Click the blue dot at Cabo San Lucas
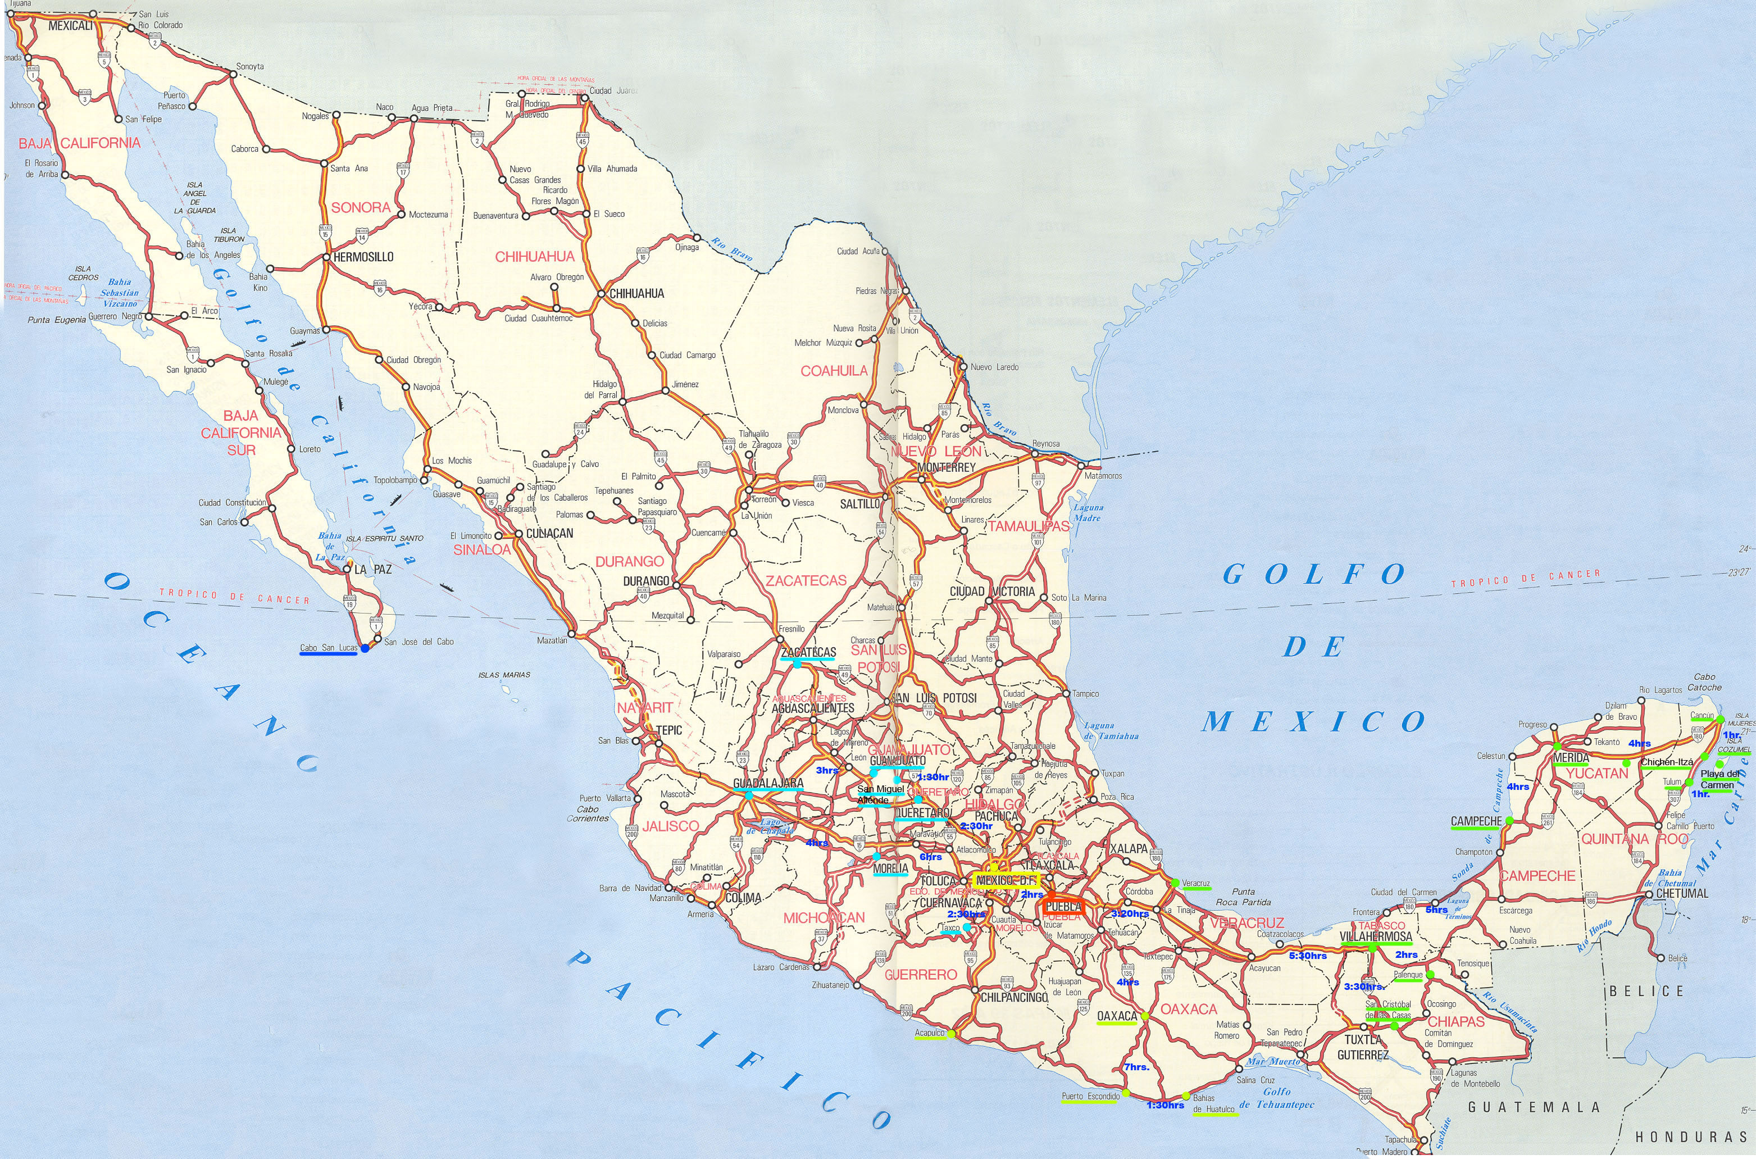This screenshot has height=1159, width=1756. point(365,648)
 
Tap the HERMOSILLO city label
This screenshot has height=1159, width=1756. point(363,257)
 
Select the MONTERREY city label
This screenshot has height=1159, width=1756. point(946,468)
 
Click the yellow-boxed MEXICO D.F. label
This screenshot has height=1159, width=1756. point(1007,880)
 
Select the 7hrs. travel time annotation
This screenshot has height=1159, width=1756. point(1136,1067)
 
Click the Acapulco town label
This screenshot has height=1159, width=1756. point(930,1033)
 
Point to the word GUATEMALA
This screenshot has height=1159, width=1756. point(1534,1107)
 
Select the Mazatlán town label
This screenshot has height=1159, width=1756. point(552,640)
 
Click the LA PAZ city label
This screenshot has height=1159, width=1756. point(373,569)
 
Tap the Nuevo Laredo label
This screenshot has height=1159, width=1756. point(994,367)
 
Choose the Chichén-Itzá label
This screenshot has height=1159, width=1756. point(1667,762)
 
